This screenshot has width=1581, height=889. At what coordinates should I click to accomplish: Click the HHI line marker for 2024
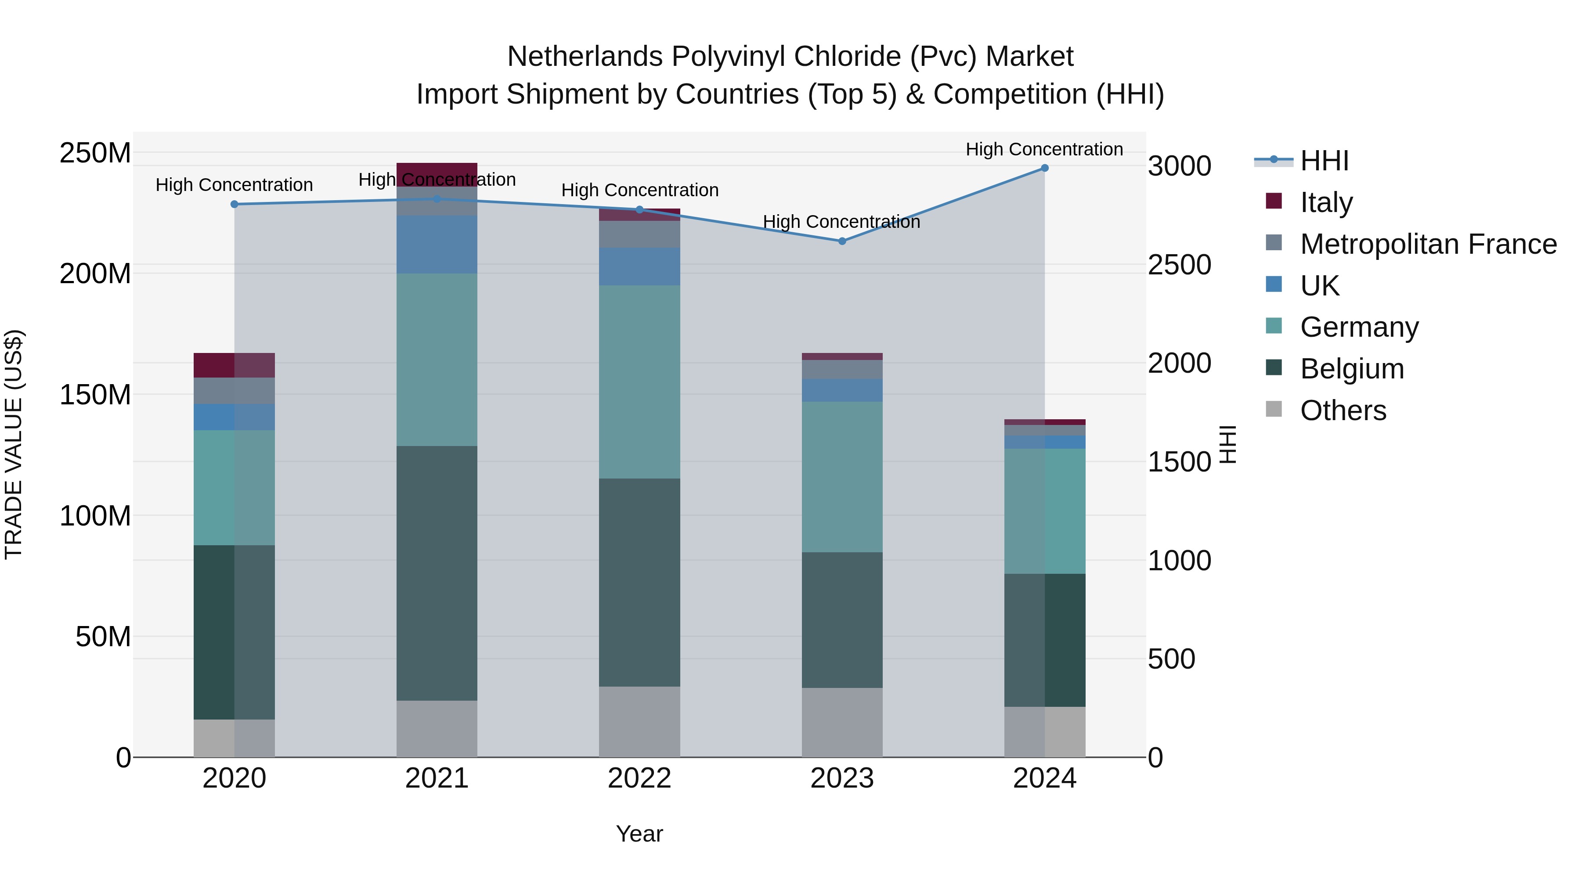tap(1045, 168)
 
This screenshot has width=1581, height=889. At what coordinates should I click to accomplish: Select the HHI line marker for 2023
tap(842, 241)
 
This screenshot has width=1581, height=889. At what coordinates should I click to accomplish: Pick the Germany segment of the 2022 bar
tap(639, 382)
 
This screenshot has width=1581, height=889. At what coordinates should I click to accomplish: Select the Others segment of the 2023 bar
tap(841, 722)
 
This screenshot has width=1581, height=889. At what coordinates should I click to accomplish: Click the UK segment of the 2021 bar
tap(437, 244)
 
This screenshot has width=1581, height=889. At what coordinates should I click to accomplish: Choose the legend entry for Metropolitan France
tap(1428, 244)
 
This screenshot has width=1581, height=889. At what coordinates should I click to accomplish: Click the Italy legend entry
tap(1326, 202)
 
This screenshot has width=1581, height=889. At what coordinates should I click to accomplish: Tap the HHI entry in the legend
tap(1324, 161)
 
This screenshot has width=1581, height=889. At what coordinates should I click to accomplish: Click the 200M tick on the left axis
tap(95, 274)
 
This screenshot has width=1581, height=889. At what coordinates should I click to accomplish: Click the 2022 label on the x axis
tap(639, 778)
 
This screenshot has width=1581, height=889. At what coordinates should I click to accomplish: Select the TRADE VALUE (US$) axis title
tap(14, 444)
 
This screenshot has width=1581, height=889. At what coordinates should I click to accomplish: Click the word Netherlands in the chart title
tap(585, 57)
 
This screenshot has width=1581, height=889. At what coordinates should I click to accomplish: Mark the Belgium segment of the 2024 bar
tap(1045, 640)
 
